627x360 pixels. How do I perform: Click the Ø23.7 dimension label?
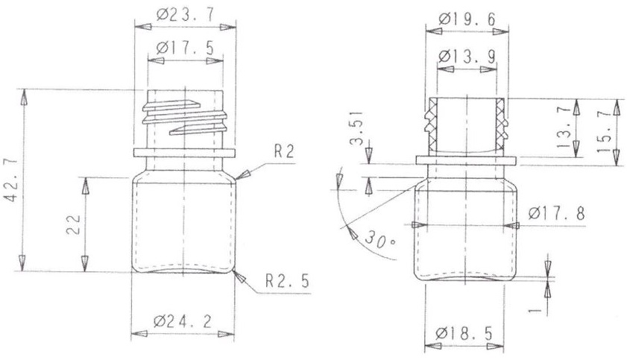pos(186,15)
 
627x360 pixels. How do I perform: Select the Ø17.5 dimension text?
pos(186,48)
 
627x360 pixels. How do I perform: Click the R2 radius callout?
pos(284,151)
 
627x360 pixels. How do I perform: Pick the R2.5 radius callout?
pos(288,281)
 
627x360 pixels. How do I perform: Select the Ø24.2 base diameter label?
pos(183,321)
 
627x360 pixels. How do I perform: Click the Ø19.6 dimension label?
pos(467,19)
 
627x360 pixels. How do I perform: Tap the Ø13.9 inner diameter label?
pos(467,57)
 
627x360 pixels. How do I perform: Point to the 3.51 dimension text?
pos(356,128)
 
